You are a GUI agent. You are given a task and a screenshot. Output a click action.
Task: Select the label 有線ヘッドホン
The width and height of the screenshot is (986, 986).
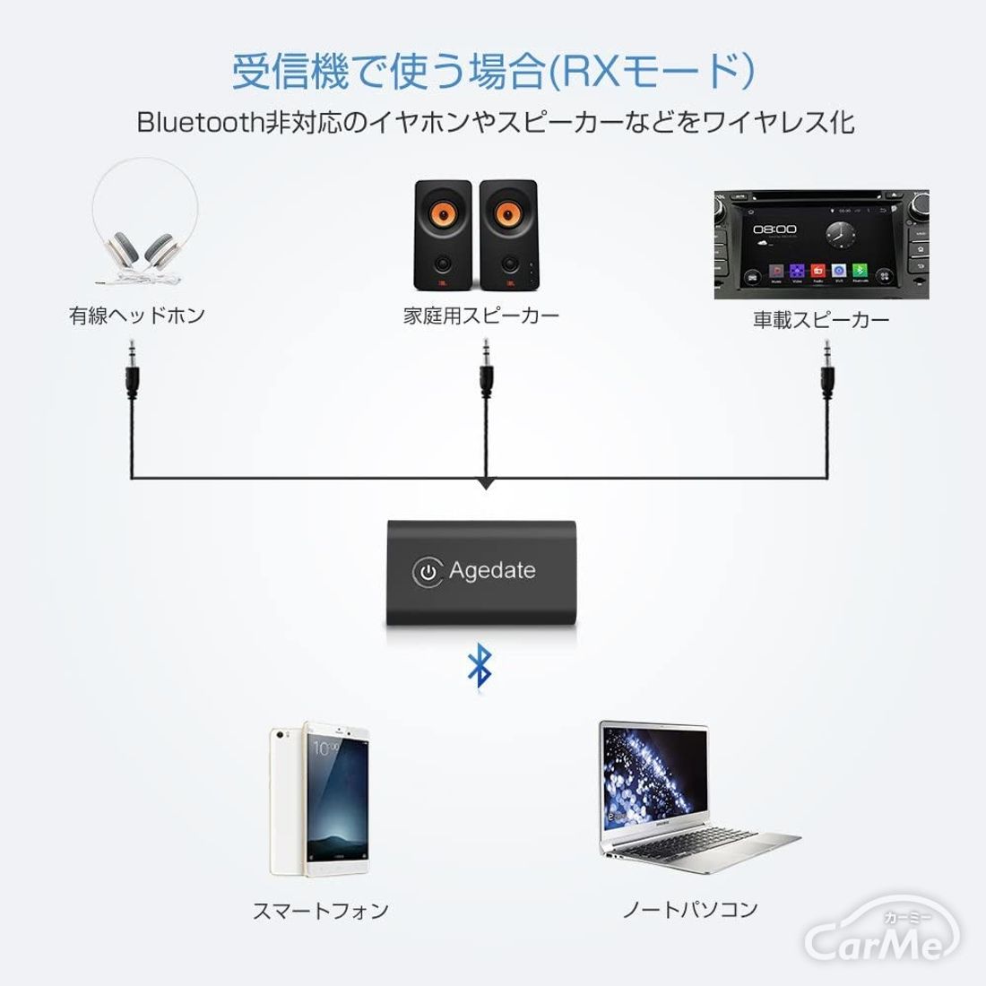pos(137,316)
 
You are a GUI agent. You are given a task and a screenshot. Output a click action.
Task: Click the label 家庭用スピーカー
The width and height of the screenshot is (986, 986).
pos(481,316)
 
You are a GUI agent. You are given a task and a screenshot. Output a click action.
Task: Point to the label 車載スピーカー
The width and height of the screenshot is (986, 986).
pos(821,320)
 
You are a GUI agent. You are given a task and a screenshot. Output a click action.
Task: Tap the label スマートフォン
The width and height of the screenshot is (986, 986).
pos(320,911)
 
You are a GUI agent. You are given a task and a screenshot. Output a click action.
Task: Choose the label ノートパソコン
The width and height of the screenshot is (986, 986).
pos(690,909)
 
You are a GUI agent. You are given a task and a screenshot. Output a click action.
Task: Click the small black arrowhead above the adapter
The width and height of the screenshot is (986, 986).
pos(485,484)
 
